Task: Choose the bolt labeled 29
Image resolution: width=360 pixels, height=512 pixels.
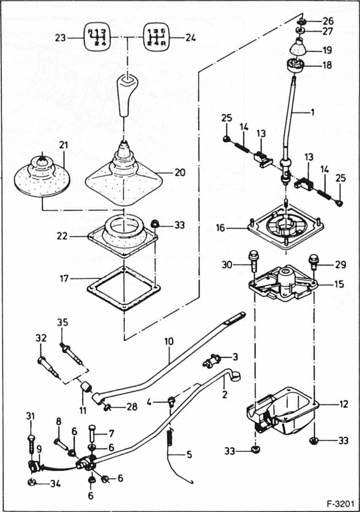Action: coord(315,262)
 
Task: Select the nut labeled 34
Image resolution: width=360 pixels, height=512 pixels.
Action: coord(31,481)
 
